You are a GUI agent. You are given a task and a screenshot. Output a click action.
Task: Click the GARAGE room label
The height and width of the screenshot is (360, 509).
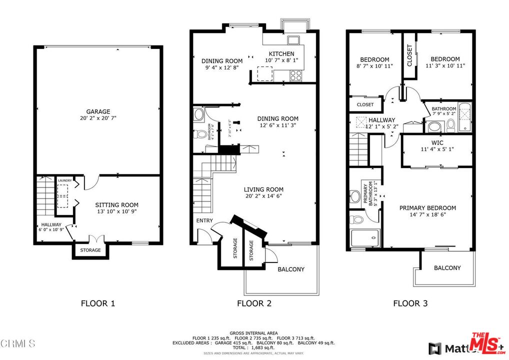pyautogui.click(x=97, y=111)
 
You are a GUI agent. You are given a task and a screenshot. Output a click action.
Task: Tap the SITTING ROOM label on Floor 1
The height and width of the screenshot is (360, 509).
pyautogui.click(x=116, y=204)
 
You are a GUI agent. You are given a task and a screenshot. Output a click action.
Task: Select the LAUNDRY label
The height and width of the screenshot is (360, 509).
pyautogui.click(x=64, y=180)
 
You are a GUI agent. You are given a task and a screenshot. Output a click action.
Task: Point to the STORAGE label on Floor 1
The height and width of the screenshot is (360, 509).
pyautogui.click(x=90, y=250)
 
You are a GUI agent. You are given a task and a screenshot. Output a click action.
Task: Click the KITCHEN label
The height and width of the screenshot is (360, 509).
pyautogui.click(x=281, y=54)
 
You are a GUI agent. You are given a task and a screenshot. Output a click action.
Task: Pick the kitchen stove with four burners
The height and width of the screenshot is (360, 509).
pyautogui.click(x=295, y=75)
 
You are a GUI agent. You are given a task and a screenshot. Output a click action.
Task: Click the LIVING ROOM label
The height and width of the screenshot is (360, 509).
pyautogui.click(x=263, y=189)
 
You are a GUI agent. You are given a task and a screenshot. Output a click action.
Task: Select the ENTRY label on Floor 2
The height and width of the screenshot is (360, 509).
pyautogui.click(x=204, y=220)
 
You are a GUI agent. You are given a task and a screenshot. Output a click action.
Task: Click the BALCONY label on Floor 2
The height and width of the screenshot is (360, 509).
pyautogui.click(x=291, y=269)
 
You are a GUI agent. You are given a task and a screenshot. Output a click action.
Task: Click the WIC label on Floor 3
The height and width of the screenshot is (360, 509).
pyautogui.click(x=437, y=142)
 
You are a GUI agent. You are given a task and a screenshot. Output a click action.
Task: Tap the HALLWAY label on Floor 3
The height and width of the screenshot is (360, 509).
pyautogui.click(x=382, y=120)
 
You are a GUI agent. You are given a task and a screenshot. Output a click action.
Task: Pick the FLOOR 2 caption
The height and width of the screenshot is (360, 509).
pyautogui.click(x=254, y=303)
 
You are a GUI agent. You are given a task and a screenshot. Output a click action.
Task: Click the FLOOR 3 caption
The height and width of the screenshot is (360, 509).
pyautogui.click(x=410, y=303)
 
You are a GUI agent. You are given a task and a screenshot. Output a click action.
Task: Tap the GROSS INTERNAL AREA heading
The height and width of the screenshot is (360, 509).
pyautogui.click(x=253, y=333)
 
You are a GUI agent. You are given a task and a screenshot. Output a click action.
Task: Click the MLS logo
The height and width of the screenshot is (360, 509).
pyautogui.click(x=487, y=343)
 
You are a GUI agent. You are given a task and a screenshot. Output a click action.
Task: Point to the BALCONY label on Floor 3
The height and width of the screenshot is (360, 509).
pyautogui.click(x=447, y=268)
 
